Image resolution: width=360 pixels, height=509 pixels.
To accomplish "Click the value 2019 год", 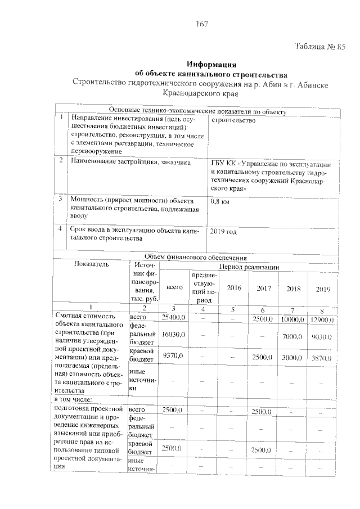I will pos(223,231).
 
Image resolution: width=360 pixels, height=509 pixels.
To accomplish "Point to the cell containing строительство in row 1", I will pos(233,120).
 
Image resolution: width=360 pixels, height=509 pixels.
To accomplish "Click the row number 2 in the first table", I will pos(61,161).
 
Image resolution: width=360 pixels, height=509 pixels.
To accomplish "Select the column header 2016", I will pos(233,288).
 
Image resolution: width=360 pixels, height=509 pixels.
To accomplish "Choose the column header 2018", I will pos(294,289).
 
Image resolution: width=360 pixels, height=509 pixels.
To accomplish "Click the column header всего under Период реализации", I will pos(175,287).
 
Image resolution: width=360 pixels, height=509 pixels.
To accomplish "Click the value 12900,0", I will pos(322,319).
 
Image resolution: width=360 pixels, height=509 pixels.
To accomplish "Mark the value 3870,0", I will pos(322,357).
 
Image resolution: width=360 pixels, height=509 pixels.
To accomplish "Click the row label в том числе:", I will pos(75,399).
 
